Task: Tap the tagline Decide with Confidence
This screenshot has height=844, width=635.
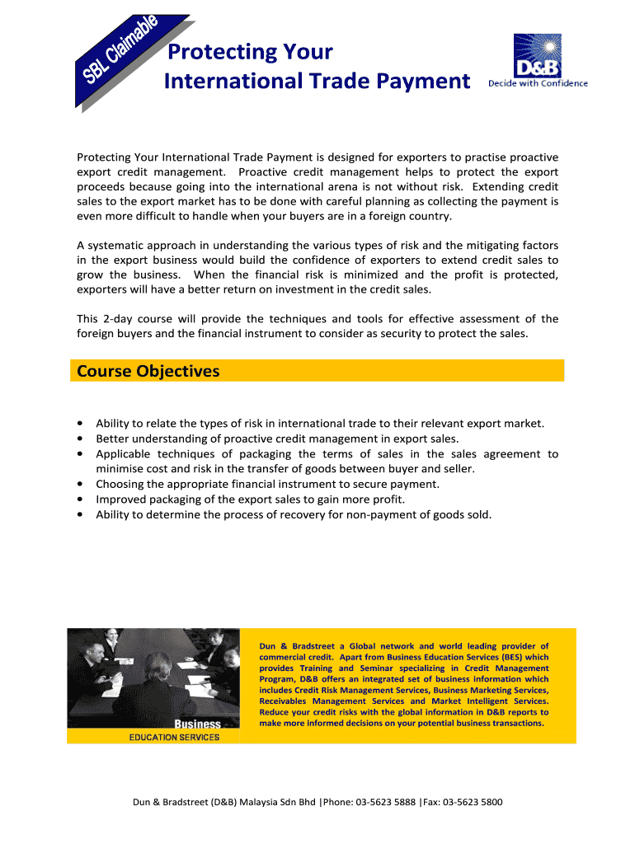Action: click(538, 83)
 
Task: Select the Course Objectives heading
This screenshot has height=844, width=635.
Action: click(148, 371)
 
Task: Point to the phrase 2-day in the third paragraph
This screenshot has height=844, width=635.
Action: click(122, 319)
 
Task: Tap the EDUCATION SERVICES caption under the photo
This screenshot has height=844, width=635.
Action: click(174, 737)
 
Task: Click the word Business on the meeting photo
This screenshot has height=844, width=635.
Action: click(197, 724)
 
